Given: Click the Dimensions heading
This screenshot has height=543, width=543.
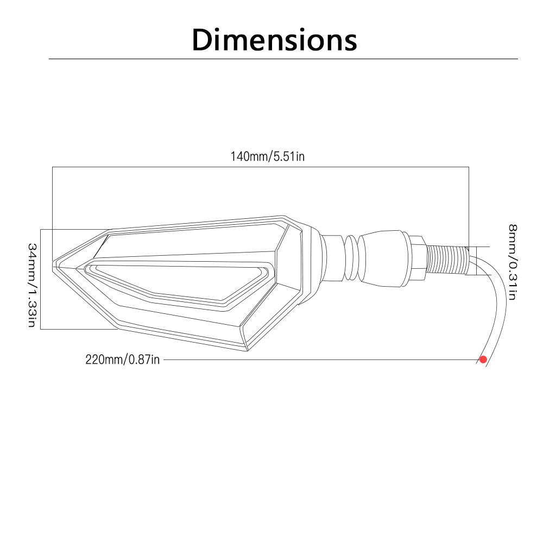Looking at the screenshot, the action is pos(274,40).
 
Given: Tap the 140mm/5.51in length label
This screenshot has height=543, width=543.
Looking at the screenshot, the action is pos(268,156).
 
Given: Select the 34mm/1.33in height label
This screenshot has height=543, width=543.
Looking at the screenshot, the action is pos(32,285).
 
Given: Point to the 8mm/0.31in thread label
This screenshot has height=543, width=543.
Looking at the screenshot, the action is pos(513,262).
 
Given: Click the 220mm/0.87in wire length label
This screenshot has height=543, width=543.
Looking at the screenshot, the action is pos(123,359).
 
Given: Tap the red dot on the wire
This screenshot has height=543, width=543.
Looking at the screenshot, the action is pos(483,359).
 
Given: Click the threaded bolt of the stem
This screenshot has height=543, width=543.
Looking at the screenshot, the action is pos(447,260).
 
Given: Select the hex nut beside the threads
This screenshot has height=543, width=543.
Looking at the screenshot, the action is pos(418,257).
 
